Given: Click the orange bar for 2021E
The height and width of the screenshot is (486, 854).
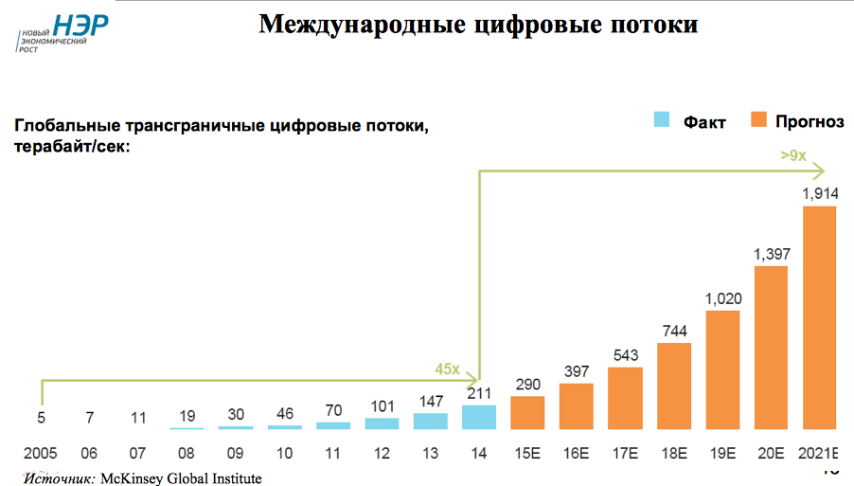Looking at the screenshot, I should [x=819, y=317].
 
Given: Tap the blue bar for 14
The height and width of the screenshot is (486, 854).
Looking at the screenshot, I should [x=479, y=417].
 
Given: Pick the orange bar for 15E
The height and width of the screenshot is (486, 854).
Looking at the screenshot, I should [x=527, y=412].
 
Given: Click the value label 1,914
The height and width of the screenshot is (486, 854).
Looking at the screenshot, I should [x=819, y=193].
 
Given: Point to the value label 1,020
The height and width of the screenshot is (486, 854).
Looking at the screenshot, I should [x=722, y=298].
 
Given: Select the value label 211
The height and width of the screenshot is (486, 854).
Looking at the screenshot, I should [x=479, y=393].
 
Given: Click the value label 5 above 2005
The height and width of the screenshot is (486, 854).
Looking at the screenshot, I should [x=41, y=416].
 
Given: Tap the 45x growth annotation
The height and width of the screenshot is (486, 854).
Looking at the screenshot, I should [x=447, y=369].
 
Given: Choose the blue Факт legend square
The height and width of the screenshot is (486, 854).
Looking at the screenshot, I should [x=661, y=119].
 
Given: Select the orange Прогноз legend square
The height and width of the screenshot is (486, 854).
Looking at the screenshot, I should [x=757, y=119].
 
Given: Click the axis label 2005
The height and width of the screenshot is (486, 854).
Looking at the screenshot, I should [x=41, y=454].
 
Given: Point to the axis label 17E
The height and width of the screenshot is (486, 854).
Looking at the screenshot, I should [x=625, y=454].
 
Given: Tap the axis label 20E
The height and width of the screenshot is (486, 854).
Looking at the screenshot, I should [x=771, y=454].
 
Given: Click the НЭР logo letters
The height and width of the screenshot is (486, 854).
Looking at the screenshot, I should [x=80, y=26].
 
